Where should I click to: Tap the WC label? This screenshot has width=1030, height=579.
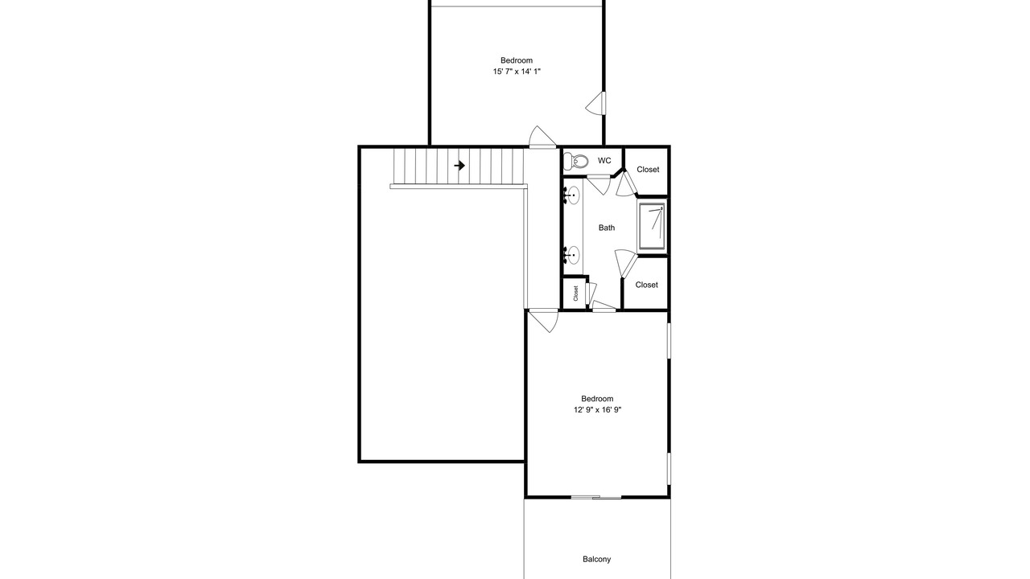coord(604,160)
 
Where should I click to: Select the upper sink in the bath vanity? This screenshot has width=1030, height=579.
coord(572,195)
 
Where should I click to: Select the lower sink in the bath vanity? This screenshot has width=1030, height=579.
coord(572,255)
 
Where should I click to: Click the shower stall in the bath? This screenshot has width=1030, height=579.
coord(652,227)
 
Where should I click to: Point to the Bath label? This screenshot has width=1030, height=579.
coord(607,228)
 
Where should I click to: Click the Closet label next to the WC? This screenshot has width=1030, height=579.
coord(648,170)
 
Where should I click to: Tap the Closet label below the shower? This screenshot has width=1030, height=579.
coord(646,285)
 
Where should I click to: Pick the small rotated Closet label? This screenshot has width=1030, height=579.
coord(575,294)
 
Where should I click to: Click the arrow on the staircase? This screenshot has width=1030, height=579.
coord(459,166)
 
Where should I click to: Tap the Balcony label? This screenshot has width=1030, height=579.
coord(597,559)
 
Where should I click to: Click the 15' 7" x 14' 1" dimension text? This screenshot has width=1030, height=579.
coord(517,72)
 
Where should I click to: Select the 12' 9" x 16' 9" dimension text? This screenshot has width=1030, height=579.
coord(597,410)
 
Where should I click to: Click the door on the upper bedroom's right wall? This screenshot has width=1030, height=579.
coord(596,103)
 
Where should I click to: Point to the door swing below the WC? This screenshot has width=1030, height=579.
coord(599,184)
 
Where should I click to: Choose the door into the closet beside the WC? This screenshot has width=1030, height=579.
coord(626,184)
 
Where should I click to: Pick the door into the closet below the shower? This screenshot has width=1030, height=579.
coord(625,264)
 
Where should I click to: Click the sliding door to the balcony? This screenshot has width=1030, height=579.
coord(596,497)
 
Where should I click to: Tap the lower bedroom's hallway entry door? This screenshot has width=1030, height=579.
coord(543,321)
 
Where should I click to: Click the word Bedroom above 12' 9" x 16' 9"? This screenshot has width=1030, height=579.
coord(597,399)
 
